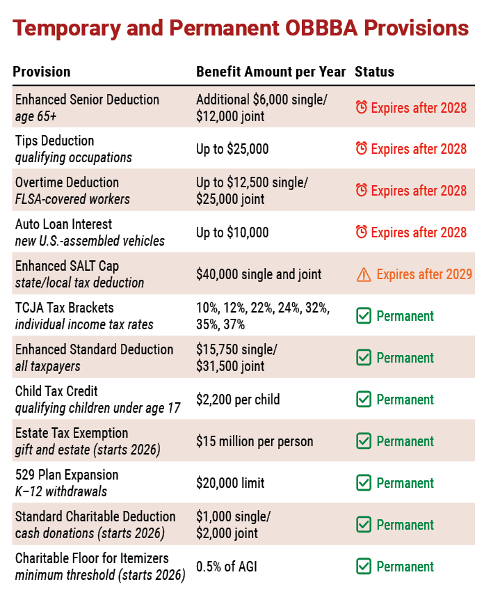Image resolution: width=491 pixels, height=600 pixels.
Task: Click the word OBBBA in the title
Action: pyautogui.click(x=321, y=28)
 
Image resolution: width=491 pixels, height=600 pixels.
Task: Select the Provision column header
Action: pyautogui.click(x=42, y=72)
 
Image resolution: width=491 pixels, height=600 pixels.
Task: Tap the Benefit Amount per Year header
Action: pyautogui.click(x=271, y=72)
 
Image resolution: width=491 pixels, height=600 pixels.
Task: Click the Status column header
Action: pyautogui.click(x=374, y=72)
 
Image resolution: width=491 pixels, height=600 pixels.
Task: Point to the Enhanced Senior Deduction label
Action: pyautogui.click(x=87, y=100)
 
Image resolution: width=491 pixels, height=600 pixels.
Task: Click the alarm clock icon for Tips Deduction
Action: pyautogui.click(x=362, y=148)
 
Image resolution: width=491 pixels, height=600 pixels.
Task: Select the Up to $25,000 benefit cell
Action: pyautogui.click(x=232, y=149)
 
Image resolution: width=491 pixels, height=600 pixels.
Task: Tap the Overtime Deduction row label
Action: pyautogui.click(x=67, y=182)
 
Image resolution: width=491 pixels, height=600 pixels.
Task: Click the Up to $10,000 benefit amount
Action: pyautogui.click(x=232, y=232)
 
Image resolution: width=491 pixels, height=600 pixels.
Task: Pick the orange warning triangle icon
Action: pyautogui.click(x=364, y=274)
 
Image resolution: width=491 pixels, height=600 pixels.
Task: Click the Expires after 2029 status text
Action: pyautogui.click(x=424, y=274)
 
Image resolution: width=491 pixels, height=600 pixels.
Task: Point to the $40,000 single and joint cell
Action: pyautogui.click(x=259, y=274)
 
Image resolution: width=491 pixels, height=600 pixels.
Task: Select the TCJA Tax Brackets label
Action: pyautogui.click(x=65, y=308)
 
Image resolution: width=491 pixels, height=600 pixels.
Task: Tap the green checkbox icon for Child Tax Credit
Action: pyautogui.click(x=364, y=400)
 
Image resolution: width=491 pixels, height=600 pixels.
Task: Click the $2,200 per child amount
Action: pyautogui.click(x=238, y=400)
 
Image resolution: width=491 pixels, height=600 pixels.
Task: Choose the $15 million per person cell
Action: pyautogui.click(x=255, y=441)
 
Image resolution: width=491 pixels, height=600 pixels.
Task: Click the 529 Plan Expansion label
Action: pyautogui.click(x=67, y=475)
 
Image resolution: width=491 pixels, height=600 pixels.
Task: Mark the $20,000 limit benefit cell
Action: pyautogui.click(x=230, y=483)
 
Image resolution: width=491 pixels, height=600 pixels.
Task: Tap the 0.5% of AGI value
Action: pyautogui.click(x=227, y=567)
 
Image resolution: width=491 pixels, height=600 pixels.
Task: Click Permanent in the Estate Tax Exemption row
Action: pyautogui.click(x=405, y=441)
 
